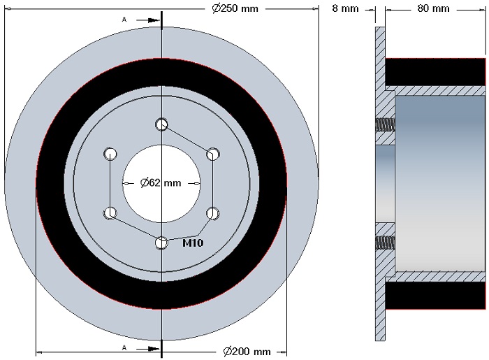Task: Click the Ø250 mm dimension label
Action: [x=235, y=8]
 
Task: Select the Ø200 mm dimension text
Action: [x=247, y=352]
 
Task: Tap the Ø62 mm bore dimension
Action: [x=161, y=182]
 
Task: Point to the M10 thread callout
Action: [x=193, y=243]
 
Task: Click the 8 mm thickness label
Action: [x=345, y=8]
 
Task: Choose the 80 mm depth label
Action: [x=433, y=8]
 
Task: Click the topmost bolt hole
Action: [x=161, y=124]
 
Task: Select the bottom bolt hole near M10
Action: [x=161, y=243]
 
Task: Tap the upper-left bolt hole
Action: [x=110, y=154]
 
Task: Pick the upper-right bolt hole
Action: [x=213, y=154]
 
